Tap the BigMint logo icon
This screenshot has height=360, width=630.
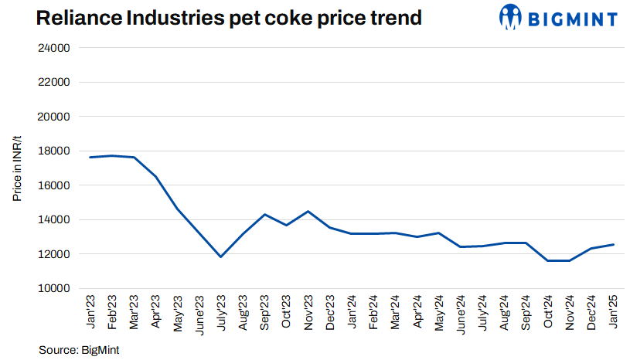click(511, 17)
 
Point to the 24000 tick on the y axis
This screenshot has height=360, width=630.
click(55, 48)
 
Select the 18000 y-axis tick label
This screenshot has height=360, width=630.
click(55, 151)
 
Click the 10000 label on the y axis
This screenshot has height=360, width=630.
click(55, 288)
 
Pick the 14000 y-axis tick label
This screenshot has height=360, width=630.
click(55, 219)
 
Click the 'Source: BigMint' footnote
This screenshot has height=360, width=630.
click(79, 350)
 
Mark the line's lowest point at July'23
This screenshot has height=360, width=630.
click(221, 256)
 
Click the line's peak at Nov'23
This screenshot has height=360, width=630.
click(308, 211)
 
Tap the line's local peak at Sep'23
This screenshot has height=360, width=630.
click(265, 214)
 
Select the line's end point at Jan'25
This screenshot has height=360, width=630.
click(614, 245)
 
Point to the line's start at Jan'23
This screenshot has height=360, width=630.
click(90, 158)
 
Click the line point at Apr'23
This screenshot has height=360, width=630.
click(156, 177)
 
